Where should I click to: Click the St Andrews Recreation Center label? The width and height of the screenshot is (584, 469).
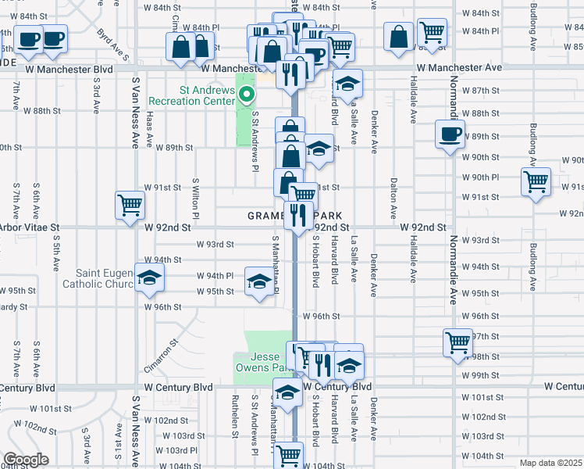[207, 95]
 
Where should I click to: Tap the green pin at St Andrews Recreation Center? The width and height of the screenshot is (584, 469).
[247, 97]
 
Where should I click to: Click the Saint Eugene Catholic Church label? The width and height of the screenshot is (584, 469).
[105, 278]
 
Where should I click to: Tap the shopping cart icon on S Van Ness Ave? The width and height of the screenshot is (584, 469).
[130, 205]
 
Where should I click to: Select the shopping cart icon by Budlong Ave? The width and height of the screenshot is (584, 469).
[536, 181]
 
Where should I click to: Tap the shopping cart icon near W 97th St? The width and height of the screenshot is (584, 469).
[458, 342]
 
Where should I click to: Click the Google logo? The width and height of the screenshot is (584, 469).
[26, 460]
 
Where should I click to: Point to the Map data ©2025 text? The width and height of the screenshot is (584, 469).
[550, 463]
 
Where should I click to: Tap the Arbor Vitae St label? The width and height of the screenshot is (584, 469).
[30, 227]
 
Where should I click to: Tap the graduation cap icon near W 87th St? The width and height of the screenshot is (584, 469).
[348, 82]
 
